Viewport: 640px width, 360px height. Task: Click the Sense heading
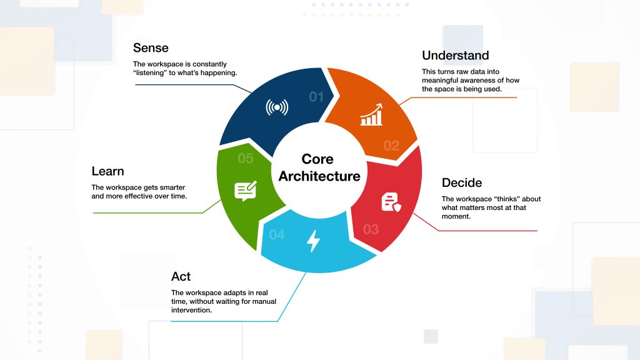[x=151, y=48]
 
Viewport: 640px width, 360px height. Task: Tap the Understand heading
[x=455, y=56]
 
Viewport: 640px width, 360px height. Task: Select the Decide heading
[x=462, y=182]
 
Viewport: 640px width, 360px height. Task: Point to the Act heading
[x=181, y=276]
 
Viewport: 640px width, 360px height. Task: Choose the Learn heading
[x=107, y=171]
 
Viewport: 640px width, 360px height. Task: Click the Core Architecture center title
[x=319, y=167]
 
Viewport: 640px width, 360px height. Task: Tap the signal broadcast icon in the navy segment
[x=277, y=107]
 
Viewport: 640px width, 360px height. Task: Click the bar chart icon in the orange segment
[x=371, y=116]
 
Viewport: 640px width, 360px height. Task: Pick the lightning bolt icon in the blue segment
[x=314, y=241]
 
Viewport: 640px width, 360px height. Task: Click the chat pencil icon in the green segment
[x=246, y=190]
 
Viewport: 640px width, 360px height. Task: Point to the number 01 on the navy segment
[x=317, y=97]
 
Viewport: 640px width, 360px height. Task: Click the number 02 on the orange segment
[x=391, y=146]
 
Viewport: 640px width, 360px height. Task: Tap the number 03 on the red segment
[x=371, y=229]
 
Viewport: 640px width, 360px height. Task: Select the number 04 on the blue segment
[x=277, y=235]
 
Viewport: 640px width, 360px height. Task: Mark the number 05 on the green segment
[x=246, y=159]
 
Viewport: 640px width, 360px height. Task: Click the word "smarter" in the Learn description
[x=171, y=187]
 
